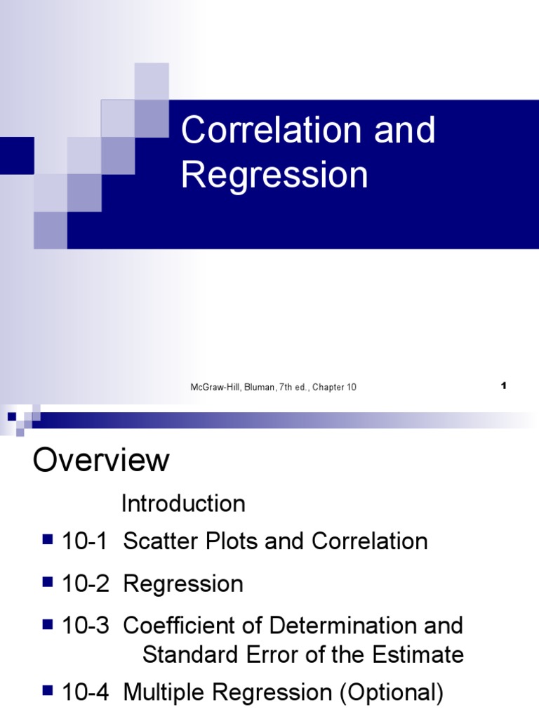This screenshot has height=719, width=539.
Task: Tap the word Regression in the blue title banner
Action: point(274,175)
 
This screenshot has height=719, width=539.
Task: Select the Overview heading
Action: point(102,461)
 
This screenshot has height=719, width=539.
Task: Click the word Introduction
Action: point(183,503)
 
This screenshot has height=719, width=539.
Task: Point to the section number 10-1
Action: point(86,541)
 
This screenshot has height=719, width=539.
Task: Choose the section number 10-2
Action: point(86,584)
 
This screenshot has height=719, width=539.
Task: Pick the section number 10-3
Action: point(86,626)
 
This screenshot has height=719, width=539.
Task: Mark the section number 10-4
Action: point(86,693)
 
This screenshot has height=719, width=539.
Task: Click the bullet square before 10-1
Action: point(48,540)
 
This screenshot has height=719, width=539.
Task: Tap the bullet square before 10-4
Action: point(48,692)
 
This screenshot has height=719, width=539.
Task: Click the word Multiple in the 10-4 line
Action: point(166,693)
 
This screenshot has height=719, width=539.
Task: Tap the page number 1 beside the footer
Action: point(504,385)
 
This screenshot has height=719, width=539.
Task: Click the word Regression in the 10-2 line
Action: point(183,584)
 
